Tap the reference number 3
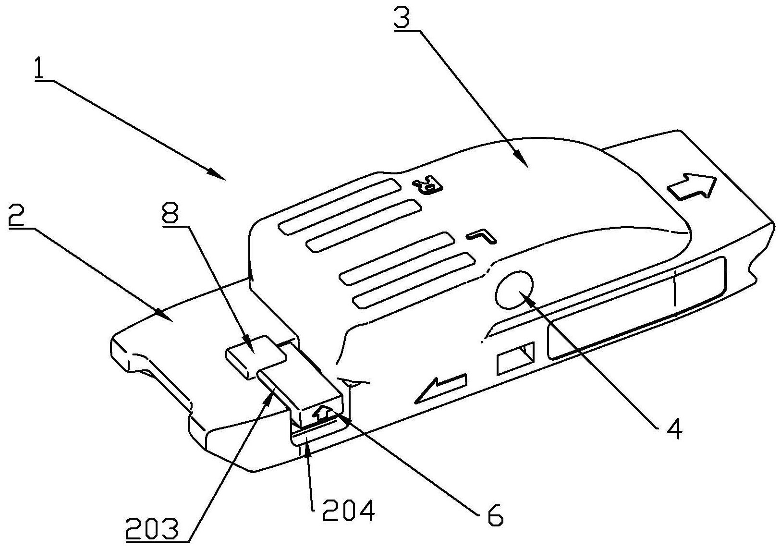pos(402,19)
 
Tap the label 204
pos(348,511)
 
